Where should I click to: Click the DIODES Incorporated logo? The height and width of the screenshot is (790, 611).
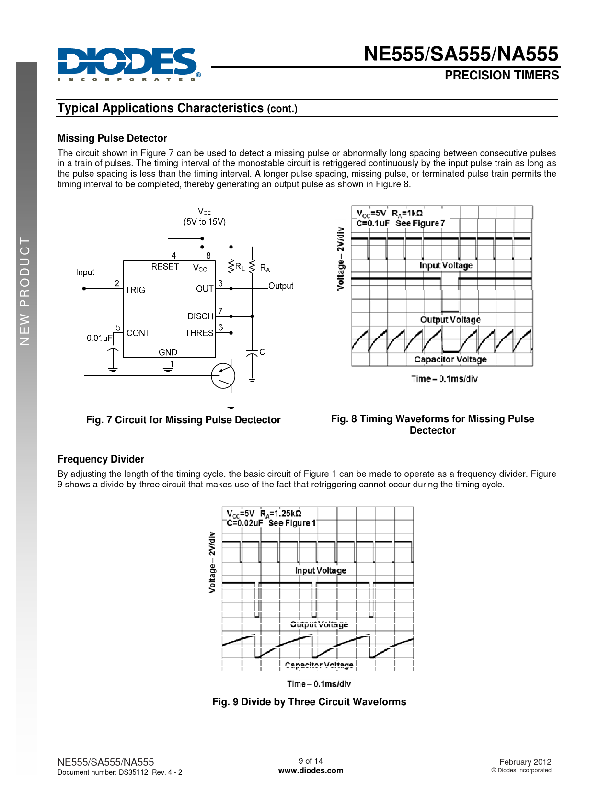tap(129, 65)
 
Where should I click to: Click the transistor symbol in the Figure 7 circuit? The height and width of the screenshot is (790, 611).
tap(223, 375)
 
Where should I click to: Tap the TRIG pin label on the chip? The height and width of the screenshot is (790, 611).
tap(135, 290)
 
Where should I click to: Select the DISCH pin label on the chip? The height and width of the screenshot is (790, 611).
tap(200, 316)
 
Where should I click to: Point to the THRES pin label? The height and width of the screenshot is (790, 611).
tap(199, 333)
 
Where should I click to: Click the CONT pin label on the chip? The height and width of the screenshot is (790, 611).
tap(138, 333)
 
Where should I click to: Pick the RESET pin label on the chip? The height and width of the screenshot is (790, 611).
tap(165, 267)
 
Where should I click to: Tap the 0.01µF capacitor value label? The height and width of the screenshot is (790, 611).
tap(100, 338)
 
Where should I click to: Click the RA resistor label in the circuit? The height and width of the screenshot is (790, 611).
tap(265, 268)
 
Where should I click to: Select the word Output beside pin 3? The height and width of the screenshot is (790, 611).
tap(280, 286)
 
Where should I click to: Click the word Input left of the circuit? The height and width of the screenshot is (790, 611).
tap(85, 272)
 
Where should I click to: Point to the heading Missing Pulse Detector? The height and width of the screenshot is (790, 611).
tap(112, 138)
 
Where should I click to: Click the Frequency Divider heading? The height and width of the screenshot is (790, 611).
tap(101, 459)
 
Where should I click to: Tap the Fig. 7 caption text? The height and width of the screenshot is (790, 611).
tap(183, 419)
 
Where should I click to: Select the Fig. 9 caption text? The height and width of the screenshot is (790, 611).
tap(309, 701)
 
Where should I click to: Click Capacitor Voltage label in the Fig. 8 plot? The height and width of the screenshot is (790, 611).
tap(450, 359)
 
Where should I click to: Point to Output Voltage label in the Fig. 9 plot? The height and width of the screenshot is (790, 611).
tap(319, 624)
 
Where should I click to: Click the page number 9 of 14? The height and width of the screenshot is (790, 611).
tap(311, 760)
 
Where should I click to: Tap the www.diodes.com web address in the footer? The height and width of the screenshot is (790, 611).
tap(311, 770)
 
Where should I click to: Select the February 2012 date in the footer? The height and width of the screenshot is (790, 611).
tap(525, 762)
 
